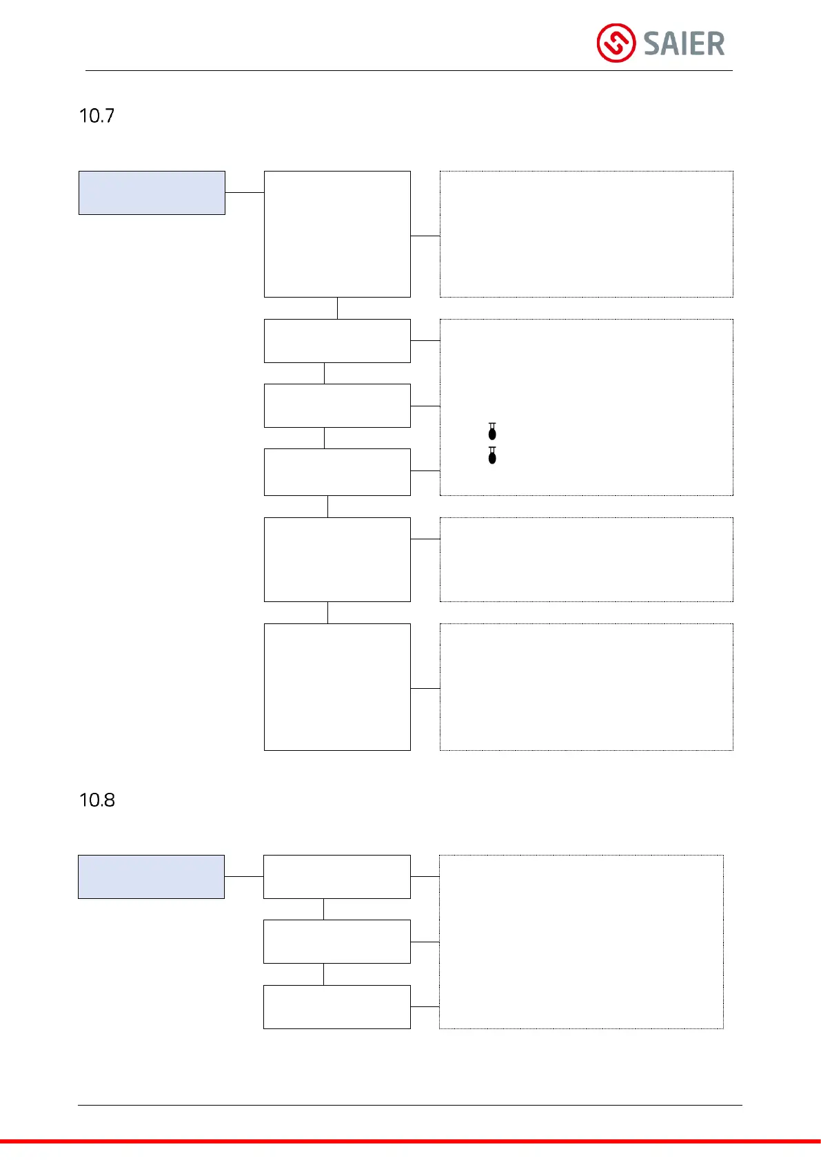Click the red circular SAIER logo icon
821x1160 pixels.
[616, 43]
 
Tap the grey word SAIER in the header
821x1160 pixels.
[684, 44]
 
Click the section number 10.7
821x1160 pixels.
[97, 116]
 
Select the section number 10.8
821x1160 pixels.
[97, 800]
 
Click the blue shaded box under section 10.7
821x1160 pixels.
[152, 193]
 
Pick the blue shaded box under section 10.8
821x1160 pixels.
[151, 877]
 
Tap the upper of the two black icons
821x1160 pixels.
[492, 432]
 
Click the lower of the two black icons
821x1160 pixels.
[492, 455]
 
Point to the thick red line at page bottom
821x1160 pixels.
[410, 1141]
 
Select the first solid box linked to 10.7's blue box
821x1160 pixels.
[337, 234]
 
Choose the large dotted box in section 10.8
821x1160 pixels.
[581, 942]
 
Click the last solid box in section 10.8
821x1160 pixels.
[337, 1007]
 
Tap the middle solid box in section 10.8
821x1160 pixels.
[337, 942]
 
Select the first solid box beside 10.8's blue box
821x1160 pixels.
[337, 877]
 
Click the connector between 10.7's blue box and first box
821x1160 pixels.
[245, 192]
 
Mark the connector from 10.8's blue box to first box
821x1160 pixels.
[244, 876]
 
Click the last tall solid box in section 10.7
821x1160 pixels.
[337, 687]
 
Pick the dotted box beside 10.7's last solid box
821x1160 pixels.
[586, 687]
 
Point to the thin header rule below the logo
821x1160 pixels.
[409, 70]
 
